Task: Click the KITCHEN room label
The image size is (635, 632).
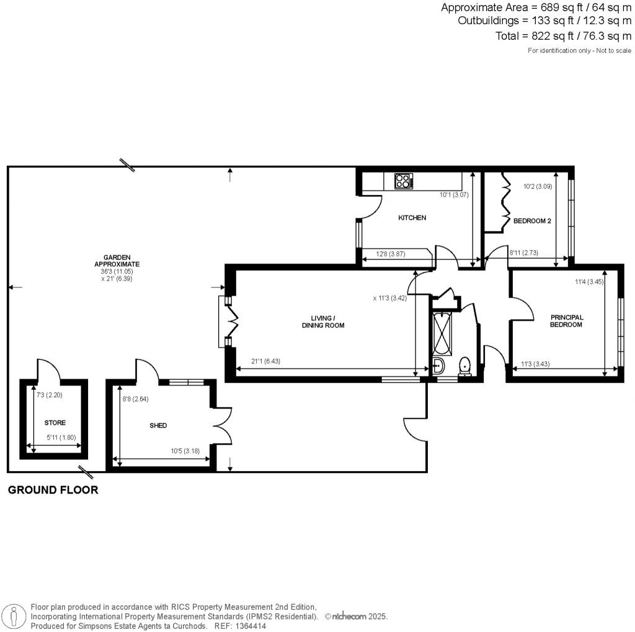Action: [x=412, y=218]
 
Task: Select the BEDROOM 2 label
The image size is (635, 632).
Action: [x=531, y=221]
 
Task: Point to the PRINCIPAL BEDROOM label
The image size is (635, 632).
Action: [x=567, y=321]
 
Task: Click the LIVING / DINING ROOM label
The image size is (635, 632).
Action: [x=322, y=322]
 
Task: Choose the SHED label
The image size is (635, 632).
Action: [x=159, y=425]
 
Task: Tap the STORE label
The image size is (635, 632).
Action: [x=55, y=423]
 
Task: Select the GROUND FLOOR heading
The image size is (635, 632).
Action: [x=53, y=490]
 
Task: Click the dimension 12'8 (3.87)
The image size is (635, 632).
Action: [x=388, y=253]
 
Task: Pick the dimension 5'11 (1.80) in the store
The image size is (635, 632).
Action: [x=61, y=437]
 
